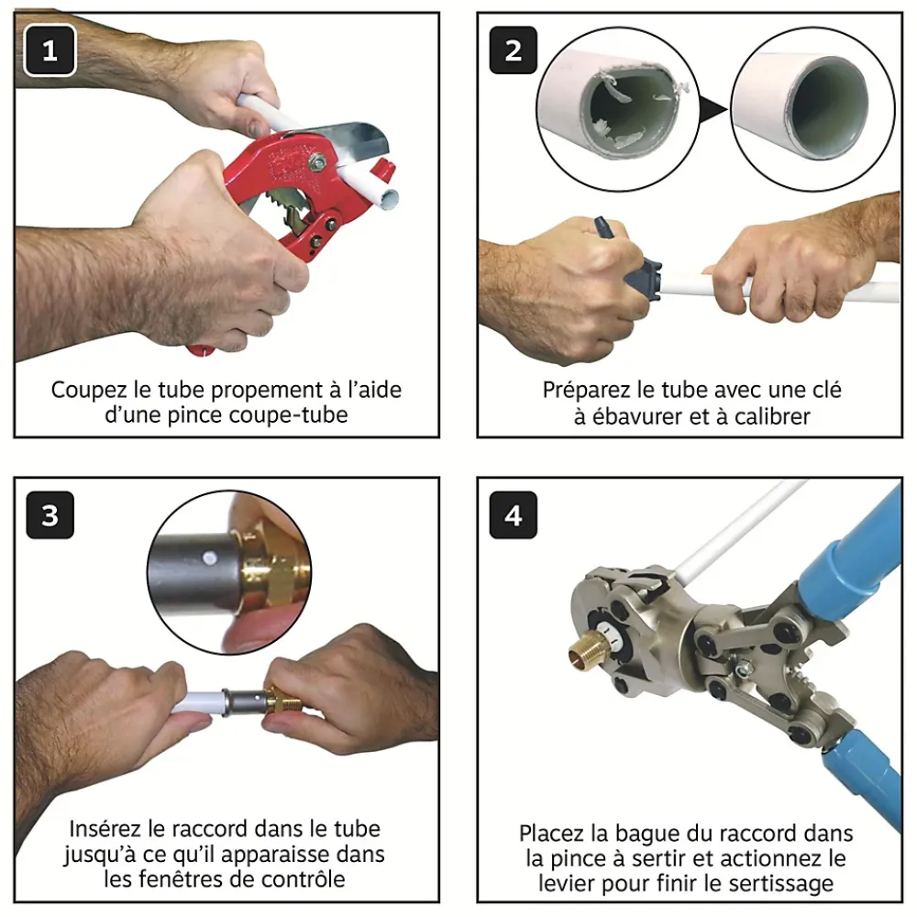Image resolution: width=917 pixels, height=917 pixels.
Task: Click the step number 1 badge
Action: pyautogui.click(x=50, y=50)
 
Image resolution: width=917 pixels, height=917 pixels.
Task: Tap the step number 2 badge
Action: pyautogui.click(x=513, y=50)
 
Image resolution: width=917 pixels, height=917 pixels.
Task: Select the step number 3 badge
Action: pyautogui.click(x=50, y=515)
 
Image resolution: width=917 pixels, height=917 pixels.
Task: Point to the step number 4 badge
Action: pyautogui.click(x=513, y=515)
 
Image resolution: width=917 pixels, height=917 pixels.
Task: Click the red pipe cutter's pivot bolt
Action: pyautogui.click(x=318, y=160)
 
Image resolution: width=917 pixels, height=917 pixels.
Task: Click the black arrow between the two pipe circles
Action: pyautogui.click(x=713, y=109)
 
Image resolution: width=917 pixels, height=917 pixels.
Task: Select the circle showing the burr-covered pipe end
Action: pyautogui.click(x=617, y=109)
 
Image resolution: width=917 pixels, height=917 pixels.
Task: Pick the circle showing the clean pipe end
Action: pyautogui.click(x=812, y=109)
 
